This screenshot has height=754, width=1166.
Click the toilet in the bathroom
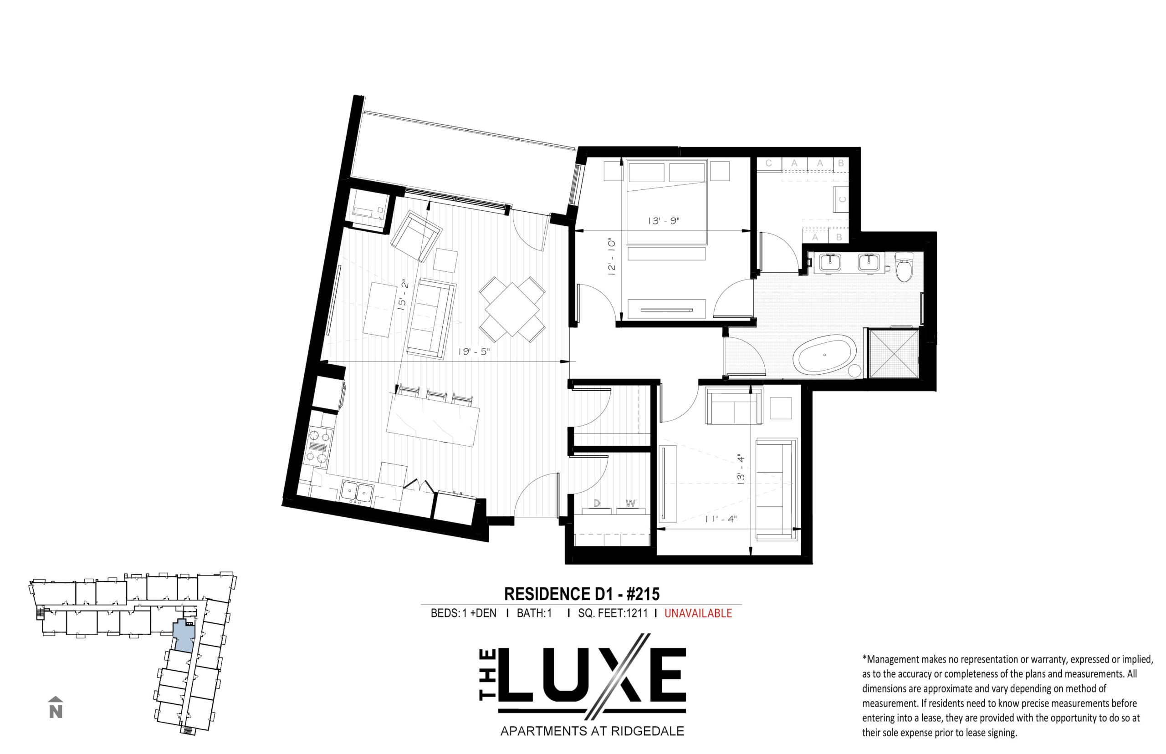coord(903,266)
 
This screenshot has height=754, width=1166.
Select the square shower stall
coord(893,353)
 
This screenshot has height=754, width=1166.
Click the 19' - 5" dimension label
coord(474,352)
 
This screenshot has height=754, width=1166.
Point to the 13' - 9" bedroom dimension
coord(664,221)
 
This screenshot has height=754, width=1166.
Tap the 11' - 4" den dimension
coord(721,519)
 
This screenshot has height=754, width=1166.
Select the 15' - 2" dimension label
coord(403,295)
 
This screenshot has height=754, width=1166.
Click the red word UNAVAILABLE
coord(698,613)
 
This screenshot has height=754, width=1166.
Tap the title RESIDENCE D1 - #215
coord(582,594)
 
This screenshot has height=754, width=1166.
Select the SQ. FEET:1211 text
coord(613,613)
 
